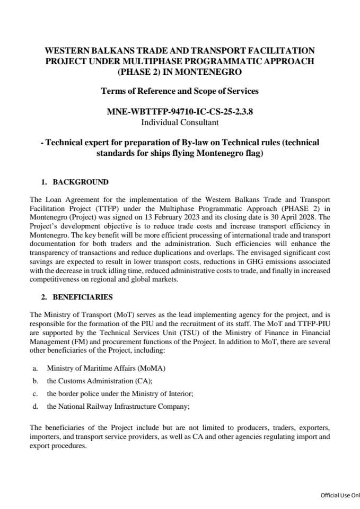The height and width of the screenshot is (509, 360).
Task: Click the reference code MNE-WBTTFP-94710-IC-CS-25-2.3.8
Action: tap(180, 112)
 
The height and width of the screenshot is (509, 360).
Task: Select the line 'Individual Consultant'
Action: tap(180, 122)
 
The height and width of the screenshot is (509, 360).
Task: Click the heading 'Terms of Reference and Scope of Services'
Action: tap(180, 91)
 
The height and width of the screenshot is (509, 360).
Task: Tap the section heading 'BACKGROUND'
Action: tap(81, 182)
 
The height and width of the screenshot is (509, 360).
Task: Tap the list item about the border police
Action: tap(120, 393)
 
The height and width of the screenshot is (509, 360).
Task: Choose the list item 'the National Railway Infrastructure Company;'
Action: tap(118, 406)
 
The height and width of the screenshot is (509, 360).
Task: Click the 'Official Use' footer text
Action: tap(340, 495)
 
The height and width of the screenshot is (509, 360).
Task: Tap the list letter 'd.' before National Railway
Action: tap(35, 406)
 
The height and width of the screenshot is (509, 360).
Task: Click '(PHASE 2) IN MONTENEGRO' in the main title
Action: tap(180, 71)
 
